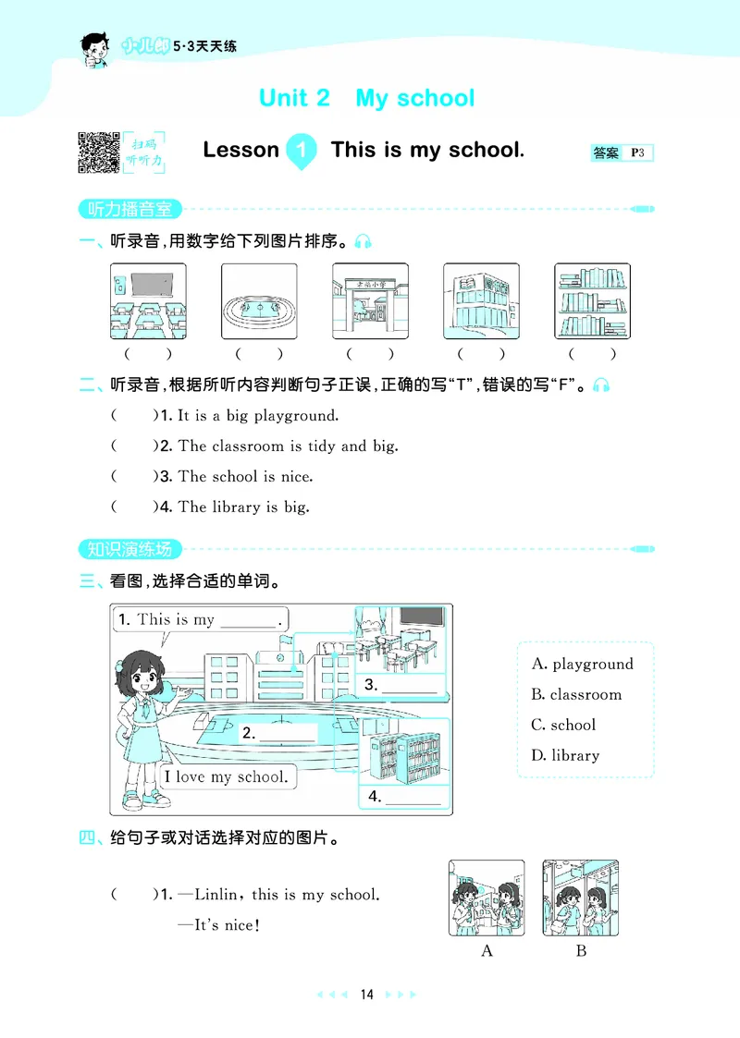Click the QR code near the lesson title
[x=99, y=153]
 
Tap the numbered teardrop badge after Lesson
[x=302, y=152]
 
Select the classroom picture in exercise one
[x=148, y=301]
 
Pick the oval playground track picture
[x=259, y=301]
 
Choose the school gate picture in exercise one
[x=370, y=301]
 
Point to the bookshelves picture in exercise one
[x=592, y=301]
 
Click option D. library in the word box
[x=565, y=755]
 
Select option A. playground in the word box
[x=583, y=664]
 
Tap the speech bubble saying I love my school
[x=228, y=776]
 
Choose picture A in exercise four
[x=487, y=898]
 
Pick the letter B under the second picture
[x=581, y=951]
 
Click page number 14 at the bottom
[x=367, y=995]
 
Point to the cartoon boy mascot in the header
[x=94, y=50]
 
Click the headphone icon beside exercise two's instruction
[x=601, y=385]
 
